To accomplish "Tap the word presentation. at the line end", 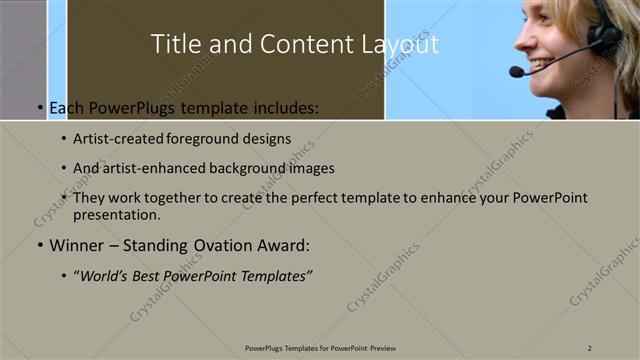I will [116, 214].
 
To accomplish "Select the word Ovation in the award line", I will [222, 245].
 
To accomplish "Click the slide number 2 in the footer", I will [590, 347].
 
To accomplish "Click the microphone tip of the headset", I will [516, 72].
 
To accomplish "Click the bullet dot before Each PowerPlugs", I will [39, 108].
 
